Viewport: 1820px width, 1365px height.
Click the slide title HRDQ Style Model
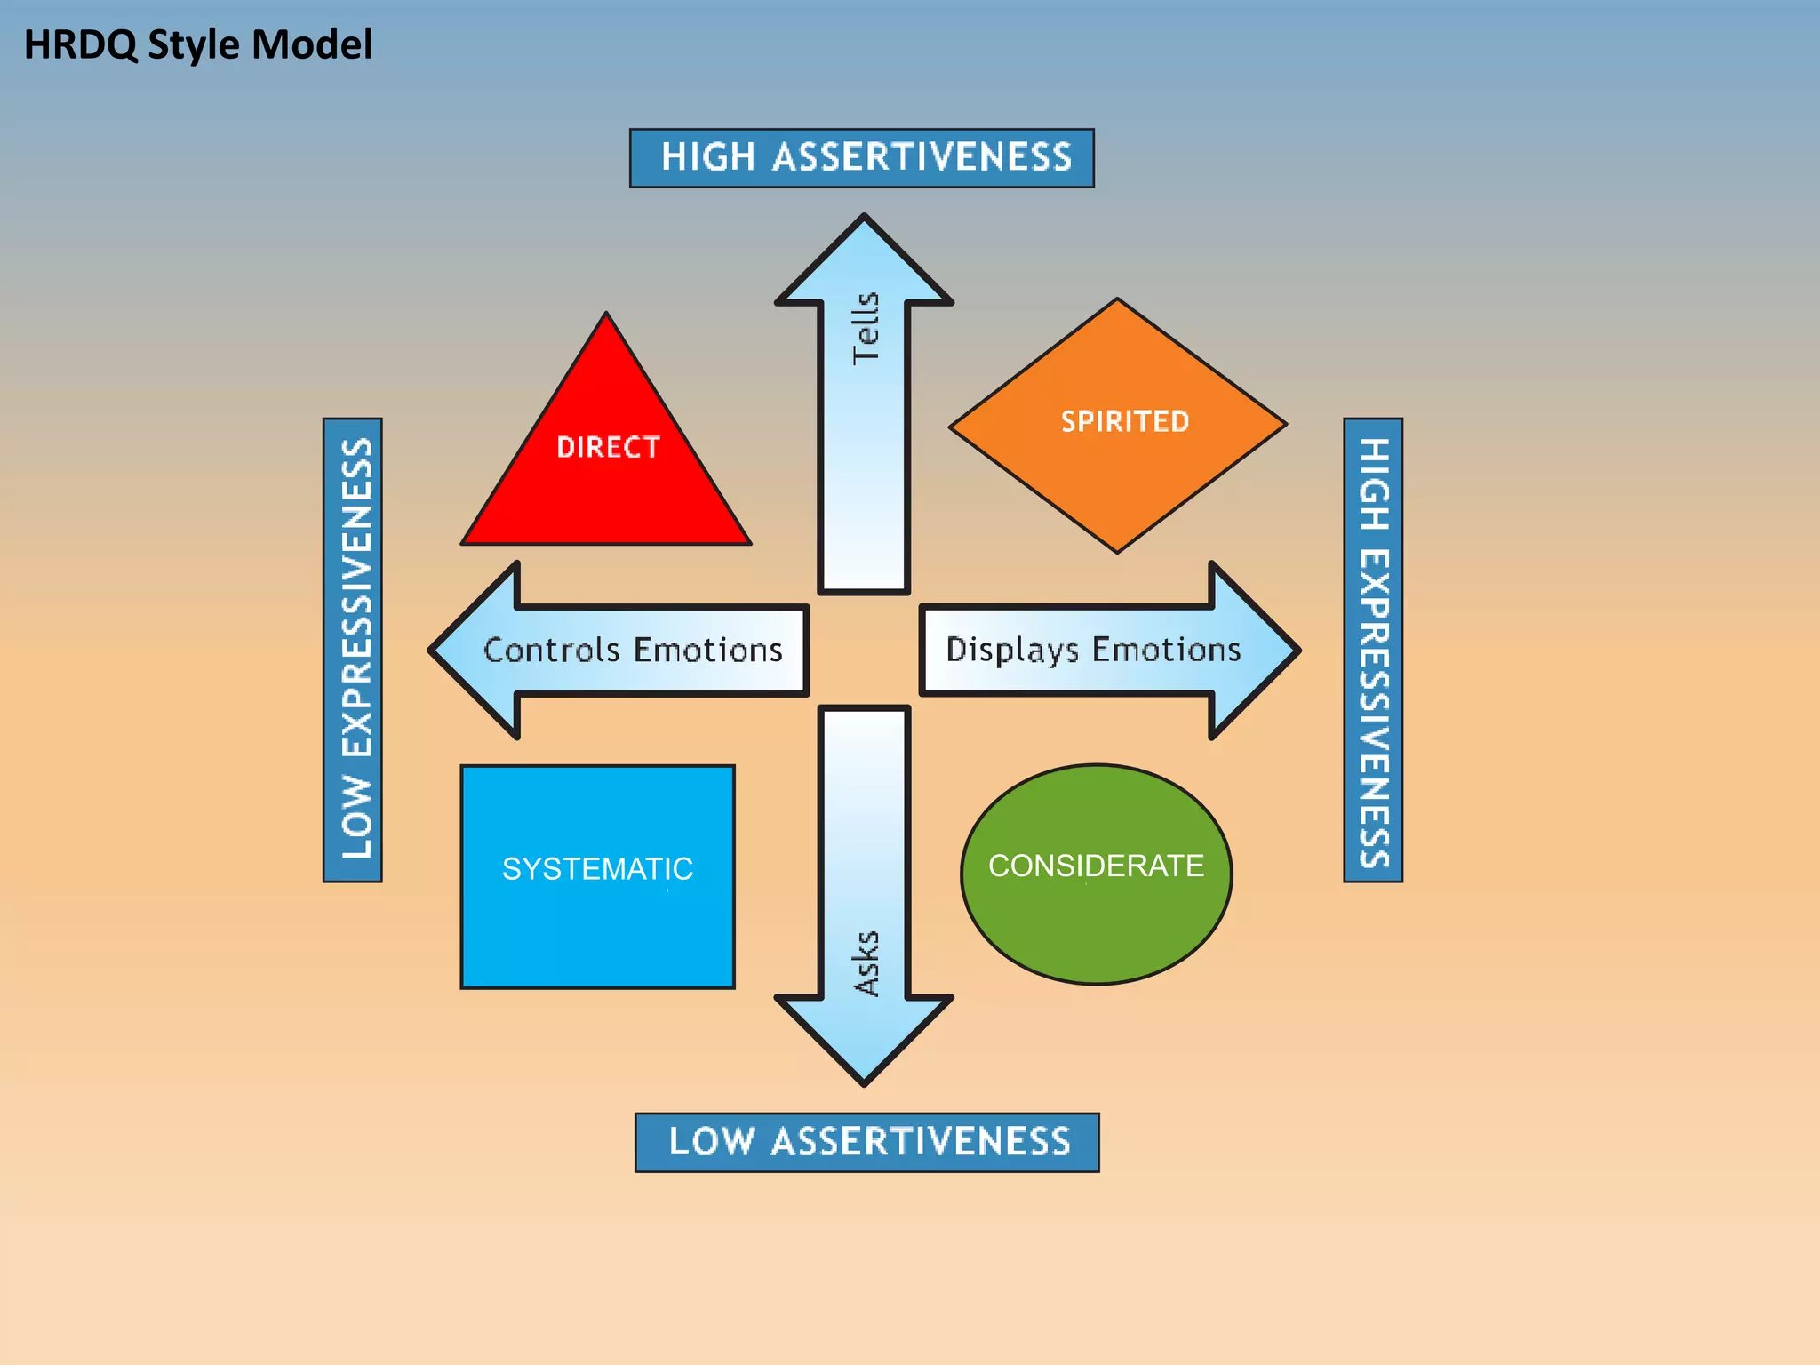pyautogui.click(x=197, y=44)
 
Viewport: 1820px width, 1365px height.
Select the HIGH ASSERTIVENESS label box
pyautogui.click(x=861, y=157)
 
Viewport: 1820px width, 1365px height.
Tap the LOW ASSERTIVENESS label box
pyautogui.click(x=866, y=1142)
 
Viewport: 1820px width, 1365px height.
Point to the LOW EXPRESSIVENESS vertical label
pyautogui.click(x=353, y=650)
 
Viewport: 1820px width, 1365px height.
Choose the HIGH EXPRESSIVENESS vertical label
pyautogui.click(x=1372, y=650)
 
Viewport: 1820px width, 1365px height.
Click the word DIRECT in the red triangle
pyautogui.click(x=608, y=447)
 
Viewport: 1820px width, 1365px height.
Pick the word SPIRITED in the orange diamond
pyautogui.click(x=1124, y=421)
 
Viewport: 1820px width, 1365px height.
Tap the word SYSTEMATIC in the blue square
pyautogui.click(x=597, y=868)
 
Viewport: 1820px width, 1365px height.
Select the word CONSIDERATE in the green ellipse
pyautogui.click(x=1096, y=866)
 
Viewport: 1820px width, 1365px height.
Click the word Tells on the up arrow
pyautogui.click(x=865, y=328)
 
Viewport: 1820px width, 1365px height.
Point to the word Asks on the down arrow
pyautogui.click(x=866, y=963)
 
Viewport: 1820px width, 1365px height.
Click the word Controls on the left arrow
pyautogui.click(x=551, y=651)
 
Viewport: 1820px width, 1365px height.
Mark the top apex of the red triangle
pyautogui.click(x=606, y=315)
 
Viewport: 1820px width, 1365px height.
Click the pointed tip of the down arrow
pyautogui.click(x=865, y=1082)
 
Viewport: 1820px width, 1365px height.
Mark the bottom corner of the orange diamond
pyautogui.click(x=1118, y=550)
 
